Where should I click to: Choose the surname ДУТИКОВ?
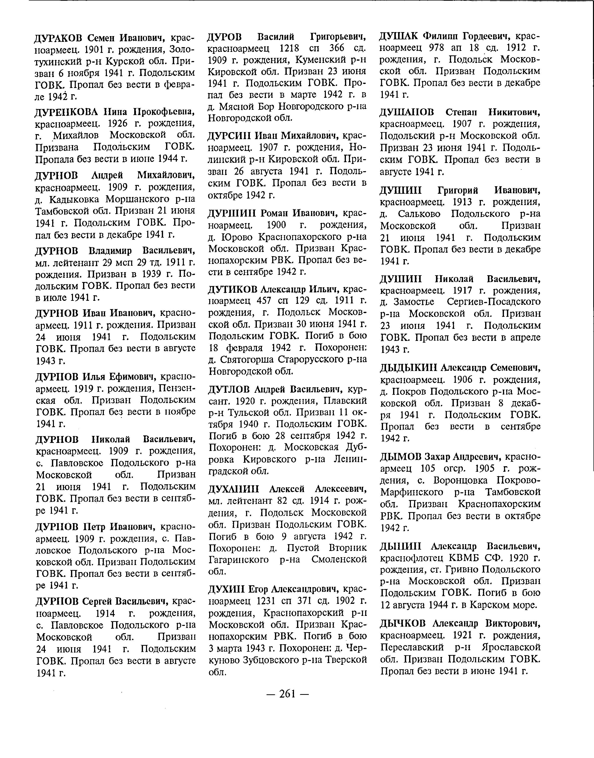[x=232, y=289]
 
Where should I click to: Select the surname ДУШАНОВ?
[x=407, y=113]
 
